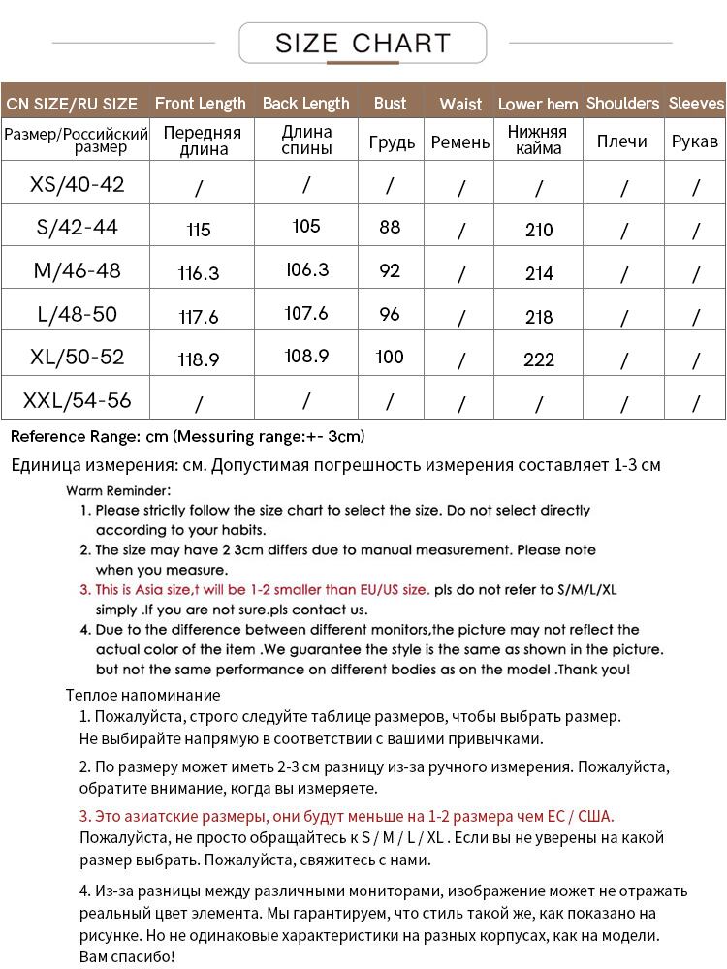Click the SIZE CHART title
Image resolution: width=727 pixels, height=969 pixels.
[x=363, y=44]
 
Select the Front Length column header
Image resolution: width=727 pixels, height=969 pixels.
[x=200, y=103]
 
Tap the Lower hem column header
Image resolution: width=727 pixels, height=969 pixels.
[x=538, y=104]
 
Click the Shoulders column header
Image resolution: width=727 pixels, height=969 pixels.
[x=622, y=103]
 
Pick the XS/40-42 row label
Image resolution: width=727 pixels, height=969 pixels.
[x=77, y=184]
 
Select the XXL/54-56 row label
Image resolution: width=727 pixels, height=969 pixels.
[x=77, y=399]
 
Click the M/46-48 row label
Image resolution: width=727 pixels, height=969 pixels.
[x=77, y=270]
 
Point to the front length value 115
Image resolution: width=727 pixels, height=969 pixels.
[x=199, y=230]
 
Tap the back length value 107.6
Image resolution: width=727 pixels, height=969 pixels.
[x=306, y=314]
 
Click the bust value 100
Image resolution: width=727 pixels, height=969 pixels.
[x=390, y=357]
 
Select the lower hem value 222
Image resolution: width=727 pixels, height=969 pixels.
[x=539, y=359]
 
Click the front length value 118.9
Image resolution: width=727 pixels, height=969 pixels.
[x=199, y=359]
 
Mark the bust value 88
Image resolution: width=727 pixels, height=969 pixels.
[x=390, y=228]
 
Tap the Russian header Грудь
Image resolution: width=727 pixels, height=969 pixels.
[x=392, y=141]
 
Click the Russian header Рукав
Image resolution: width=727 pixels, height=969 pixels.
[x=695, y=141]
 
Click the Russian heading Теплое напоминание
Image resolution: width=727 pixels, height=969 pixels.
[x=143, y=695]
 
